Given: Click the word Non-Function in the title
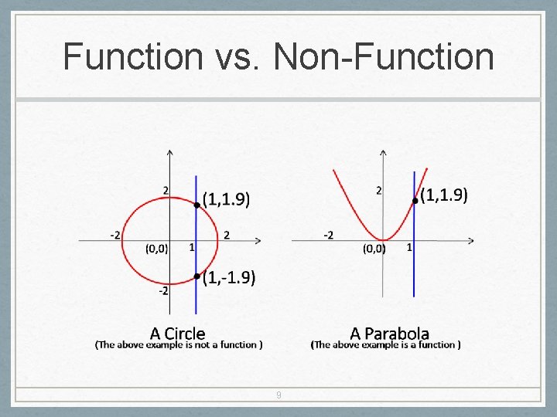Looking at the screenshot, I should (x=384, y=56).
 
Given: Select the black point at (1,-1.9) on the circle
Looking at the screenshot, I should (x=197, y=276).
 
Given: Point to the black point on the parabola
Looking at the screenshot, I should (x=415, y=201).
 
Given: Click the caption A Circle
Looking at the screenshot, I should (x=177, y=334).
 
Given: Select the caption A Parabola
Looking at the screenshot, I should (x=389, y=334).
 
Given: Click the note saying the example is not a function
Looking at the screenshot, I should (x=179, y=345).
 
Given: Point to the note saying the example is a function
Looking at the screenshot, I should (x=386, y=345).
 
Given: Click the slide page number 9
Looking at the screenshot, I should (x=278, y=395).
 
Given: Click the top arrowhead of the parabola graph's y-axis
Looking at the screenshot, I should (x=384, y=153).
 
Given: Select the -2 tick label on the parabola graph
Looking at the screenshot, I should (x=329, y=234).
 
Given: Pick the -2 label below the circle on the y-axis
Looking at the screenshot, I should (x=164, y=291).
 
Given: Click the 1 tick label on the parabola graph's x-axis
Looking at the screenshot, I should (x=408, y=247).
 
